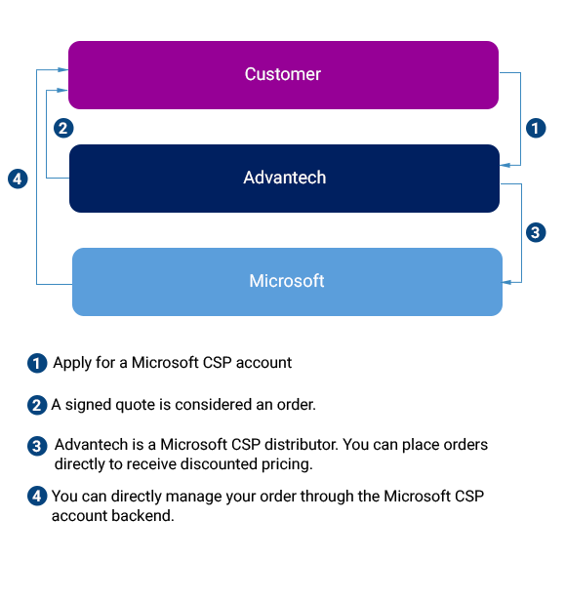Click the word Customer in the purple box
pos(283,75)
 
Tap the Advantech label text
pos(284,179)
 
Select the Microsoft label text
pos(286,282)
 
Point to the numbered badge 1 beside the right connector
pos(535,128)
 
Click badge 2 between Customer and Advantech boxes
pos(63,128)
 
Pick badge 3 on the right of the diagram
pos(535,233)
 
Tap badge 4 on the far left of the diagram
pos(18,179)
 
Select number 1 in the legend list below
pos(37,364)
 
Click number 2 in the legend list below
pos(37,406)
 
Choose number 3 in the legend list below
pos(37,447)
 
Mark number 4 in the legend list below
pos(37,496)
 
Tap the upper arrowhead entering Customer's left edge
pos(63,69)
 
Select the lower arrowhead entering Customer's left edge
pos(63,90)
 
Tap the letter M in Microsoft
pos(257,282)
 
